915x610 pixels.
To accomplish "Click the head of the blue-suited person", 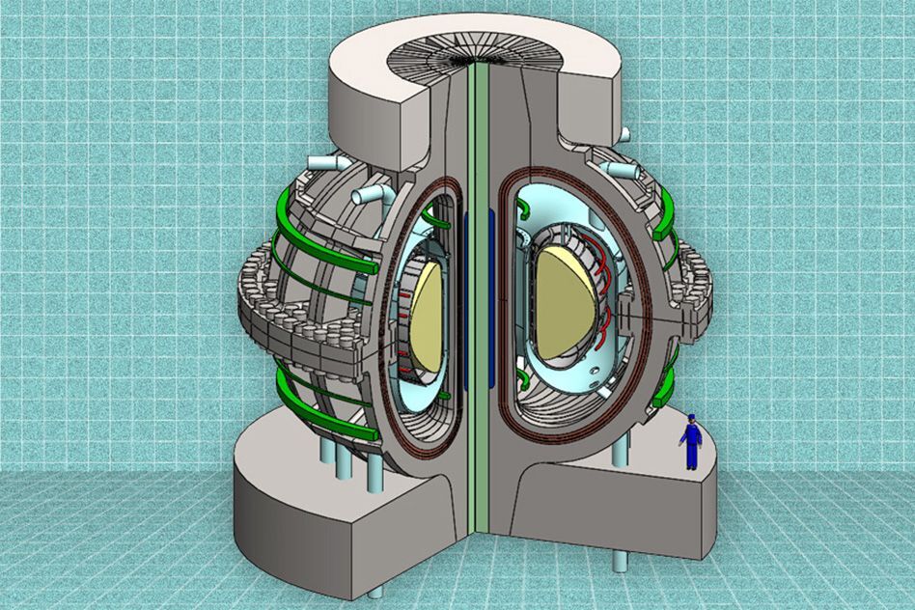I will [x=691, y=420].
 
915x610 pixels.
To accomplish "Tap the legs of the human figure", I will [x=691, y=457].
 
